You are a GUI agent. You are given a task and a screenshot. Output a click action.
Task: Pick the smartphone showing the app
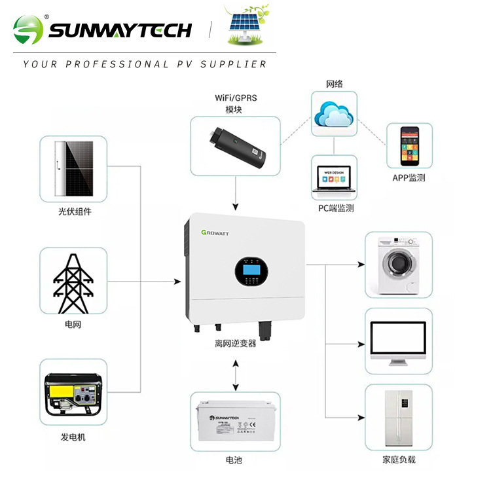point(410,147)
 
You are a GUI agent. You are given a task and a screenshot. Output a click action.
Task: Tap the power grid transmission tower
point(73,282)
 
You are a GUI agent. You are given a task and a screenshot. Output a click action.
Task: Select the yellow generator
point(73,395)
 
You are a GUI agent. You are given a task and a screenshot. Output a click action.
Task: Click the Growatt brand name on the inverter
point(219,233)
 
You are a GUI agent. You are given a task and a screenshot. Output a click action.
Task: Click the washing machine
point(398,263)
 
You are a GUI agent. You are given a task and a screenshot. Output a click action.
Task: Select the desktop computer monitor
point(398,342)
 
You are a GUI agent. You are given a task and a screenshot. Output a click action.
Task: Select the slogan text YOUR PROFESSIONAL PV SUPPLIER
point(145,64)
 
